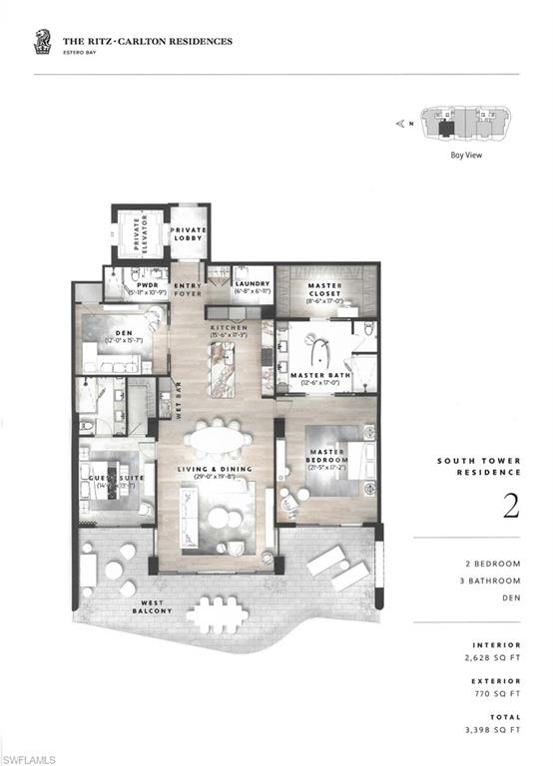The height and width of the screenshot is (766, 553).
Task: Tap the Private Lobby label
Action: [188, 235]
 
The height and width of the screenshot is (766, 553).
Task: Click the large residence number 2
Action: [510, 508]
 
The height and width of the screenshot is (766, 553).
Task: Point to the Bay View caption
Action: [465, 155]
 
